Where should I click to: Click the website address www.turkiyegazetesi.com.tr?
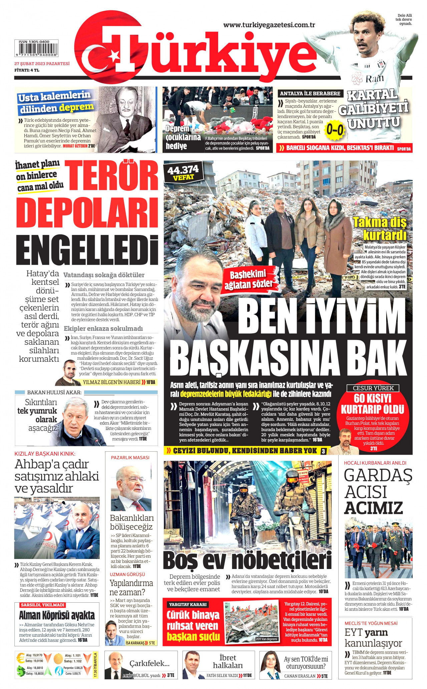[x=269, y=25]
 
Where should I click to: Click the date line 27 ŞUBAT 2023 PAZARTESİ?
[x=42, y=64]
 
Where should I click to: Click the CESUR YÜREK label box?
[x=373, y=388]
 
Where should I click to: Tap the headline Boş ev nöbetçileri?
[x=248, y=560]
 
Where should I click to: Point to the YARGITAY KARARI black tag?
[x=188, y=604]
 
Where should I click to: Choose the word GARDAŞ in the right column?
[x=378, y=475]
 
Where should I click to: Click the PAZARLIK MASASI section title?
[x=130, y=458]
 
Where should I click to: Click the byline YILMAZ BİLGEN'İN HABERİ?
[x=111, y=382]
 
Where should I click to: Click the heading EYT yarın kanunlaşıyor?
[x=373, y=638]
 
